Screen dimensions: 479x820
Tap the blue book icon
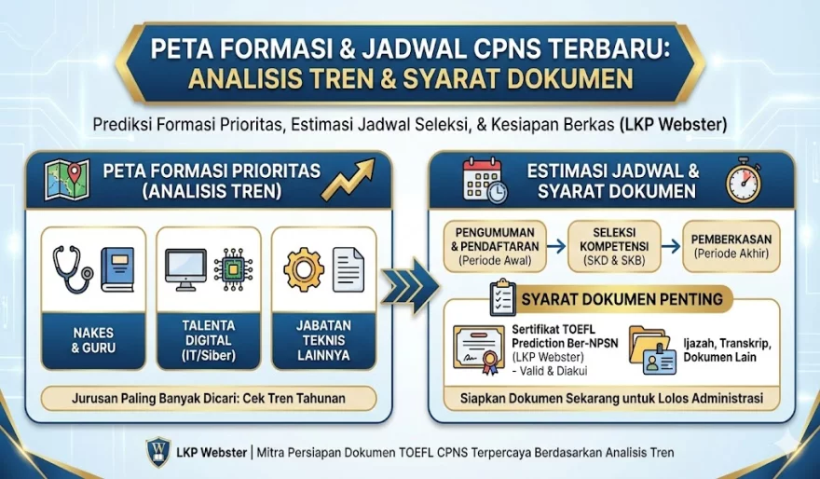118,270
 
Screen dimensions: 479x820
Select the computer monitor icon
186,268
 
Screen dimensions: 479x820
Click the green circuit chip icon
233,269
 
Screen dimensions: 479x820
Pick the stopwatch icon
744,180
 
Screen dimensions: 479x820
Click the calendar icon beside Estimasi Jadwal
484,180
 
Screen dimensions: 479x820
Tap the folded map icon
67,180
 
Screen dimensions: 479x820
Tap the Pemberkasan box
731,246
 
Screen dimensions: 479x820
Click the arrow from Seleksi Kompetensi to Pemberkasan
671,246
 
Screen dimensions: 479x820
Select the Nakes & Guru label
93,341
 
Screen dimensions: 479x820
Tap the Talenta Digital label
208,341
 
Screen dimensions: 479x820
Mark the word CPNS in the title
483,48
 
